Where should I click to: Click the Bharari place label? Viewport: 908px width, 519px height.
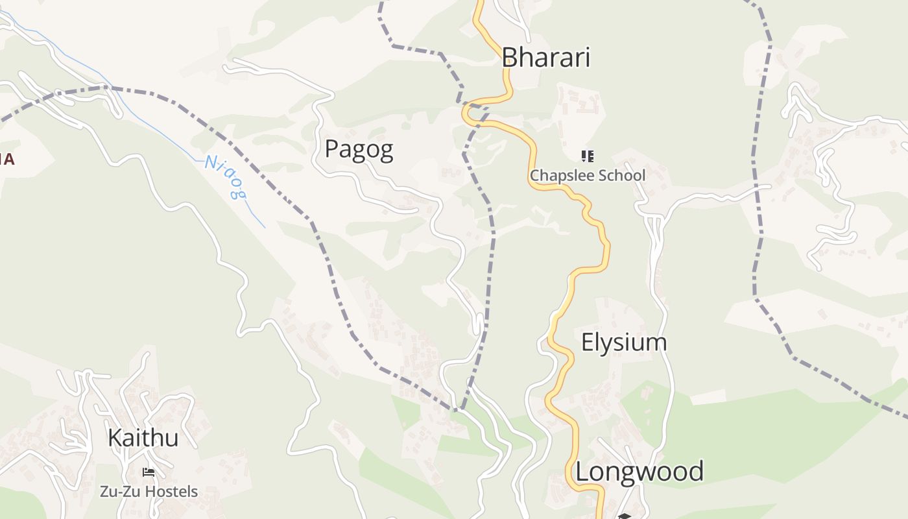click(x=546, y=58)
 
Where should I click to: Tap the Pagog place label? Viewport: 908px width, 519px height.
click(x=359, y=150)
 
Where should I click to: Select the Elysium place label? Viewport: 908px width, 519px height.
click(x=624, y=343)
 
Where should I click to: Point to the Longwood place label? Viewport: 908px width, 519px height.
click(x=639, y=472)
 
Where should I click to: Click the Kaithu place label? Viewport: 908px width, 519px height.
click(x=143, y=438)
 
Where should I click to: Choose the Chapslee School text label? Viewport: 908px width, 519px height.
click(x=588, y=176)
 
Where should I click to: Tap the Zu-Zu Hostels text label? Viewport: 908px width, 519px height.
click(x=149, y=492)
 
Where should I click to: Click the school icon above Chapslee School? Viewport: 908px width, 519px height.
click(x=588, y=156)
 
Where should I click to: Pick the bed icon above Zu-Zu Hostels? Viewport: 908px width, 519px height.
click(x=149, y=472)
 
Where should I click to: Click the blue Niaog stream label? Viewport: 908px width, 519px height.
click(x=226, y=176)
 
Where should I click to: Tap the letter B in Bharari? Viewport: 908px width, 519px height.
click(x=509, y=58)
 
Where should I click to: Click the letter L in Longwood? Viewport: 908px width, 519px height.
click(x=582, y=472)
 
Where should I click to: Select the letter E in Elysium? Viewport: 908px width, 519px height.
click(x=588, y=343)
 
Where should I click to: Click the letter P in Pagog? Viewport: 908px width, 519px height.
click(x=331, y=150)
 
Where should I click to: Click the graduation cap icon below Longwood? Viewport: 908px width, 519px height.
click(x=624, y=516)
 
